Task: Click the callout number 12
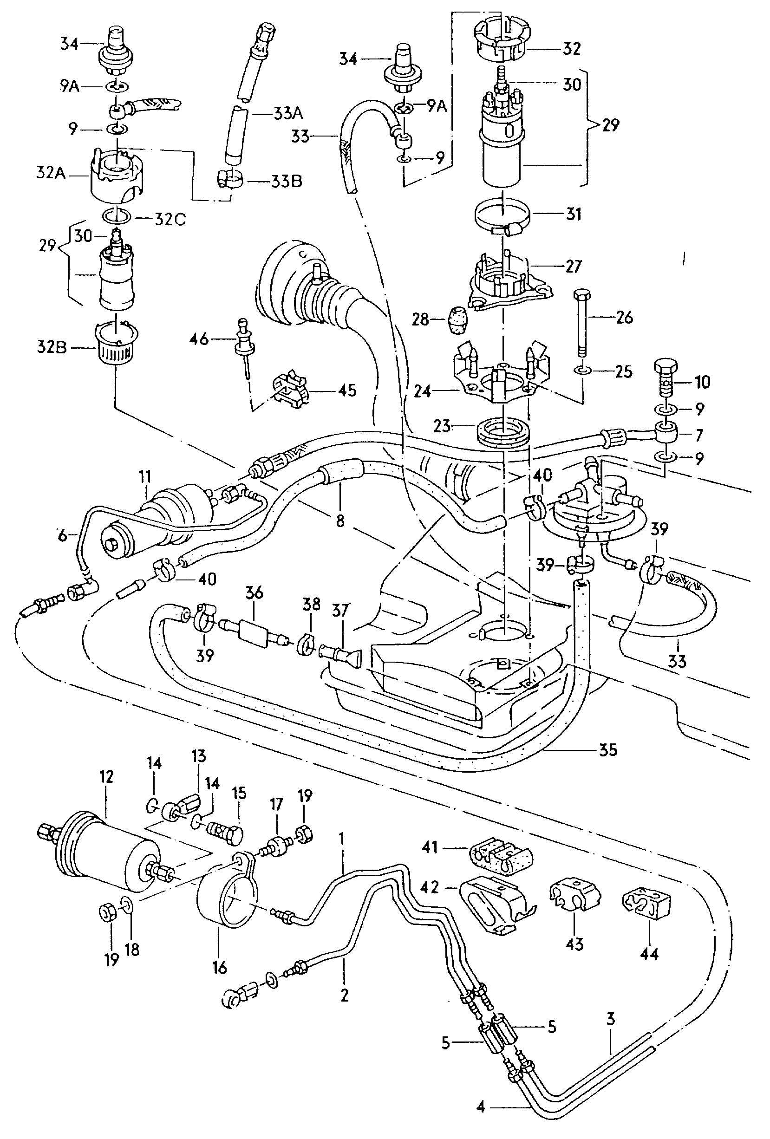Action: coord(106,777)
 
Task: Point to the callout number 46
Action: coord(199,338)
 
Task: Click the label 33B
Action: coord(287,182)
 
